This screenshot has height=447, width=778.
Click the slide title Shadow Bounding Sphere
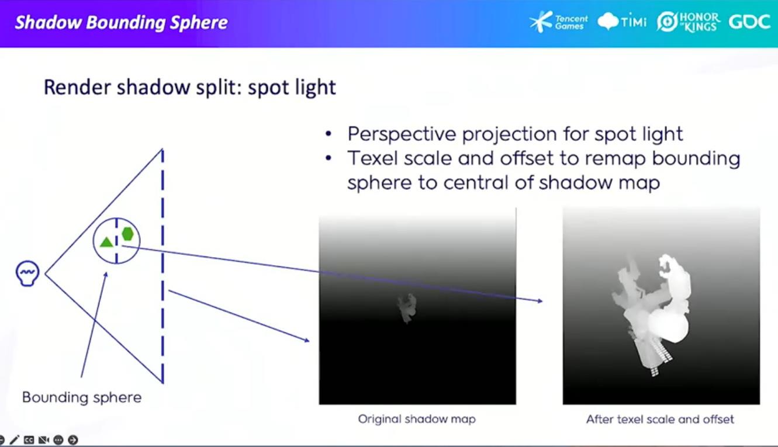122,23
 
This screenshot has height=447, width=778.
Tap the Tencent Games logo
558,22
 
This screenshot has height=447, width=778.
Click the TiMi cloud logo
622,22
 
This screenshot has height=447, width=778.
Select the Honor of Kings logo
688,22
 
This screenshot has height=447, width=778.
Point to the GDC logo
749,22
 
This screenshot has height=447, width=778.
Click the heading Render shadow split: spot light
189,87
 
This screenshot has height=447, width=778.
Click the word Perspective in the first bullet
402,134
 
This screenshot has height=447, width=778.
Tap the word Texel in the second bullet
372,158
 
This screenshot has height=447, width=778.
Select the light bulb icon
27,273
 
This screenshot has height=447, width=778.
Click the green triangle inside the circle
106,242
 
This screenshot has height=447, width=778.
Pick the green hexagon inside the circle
127,234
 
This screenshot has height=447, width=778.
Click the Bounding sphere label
82,397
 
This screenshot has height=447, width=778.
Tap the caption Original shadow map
417,419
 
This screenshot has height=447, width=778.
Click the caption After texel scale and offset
661,420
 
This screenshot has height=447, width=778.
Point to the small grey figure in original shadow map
407,308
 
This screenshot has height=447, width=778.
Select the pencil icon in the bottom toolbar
14,440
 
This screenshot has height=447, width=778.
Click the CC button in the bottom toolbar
29,440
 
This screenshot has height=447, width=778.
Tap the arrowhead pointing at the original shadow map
306,340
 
